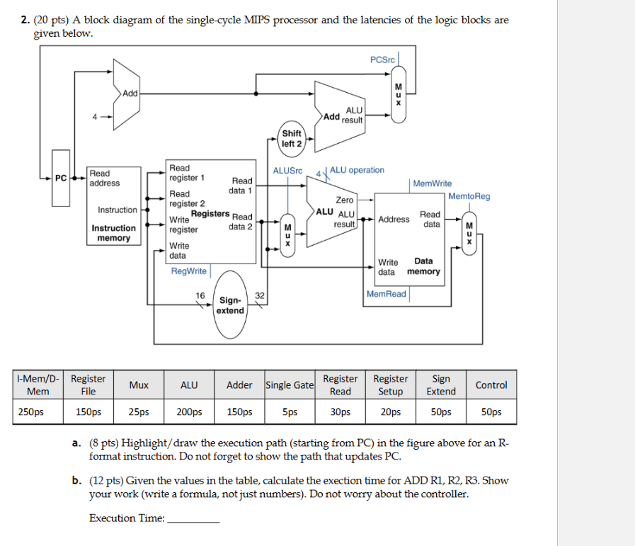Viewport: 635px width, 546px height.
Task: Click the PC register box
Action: click(61, 178)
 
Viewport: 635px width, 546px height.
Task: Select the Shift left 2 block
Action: click(292, 138)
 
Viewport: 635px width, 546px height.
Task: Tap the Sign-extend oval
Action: click(230, 305)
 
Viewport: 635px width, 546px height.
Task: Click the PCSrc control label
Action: click(382, 59)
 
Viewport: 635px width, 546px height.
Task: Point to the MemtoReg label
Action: click(469, 196)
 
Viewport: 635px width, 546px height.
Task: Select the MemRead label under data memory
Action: click(387, 294)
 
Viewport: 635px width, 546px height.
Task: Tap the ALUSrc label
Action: click(287, 171)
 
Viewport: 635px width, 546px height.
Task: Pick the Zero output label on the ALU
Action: click(345, 200)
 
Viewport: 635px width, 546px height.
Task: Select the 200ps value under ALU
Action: click(189, 411)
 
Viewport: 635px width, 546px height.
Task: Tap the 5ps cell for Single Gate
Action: click(290, 411)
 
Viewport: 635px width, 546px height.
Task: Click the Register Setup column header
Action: click(391, 385)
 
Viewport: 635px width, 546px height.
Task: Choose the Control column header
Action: click(491, 385)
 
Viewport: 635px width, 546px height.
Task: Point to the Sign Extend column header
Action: click(441, 385)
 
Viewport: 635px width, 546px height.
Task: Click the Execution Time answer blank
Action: click(193, 518)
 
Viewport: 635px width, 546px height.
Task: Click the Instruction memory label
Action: click(113, 233)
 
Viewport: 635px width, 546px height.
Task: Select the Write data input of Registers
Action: click(178, 251)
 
